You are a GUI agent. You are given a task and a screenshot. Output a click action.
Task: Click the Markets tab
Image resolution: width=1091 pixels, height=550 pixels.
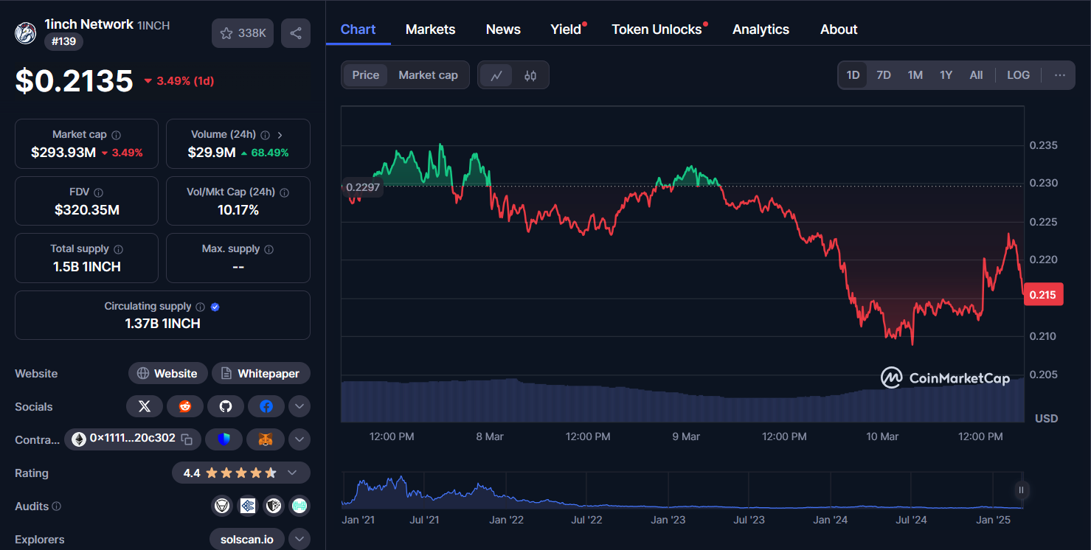tap(430, 29)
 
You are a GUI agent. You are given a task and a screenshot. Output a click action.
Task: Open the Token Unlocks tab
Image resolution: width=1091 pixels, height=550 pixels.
tap(657, 29)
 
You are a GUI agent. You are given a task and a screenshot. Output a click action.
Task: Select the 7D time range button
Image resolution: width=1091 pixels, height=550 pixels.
tap(883, 75)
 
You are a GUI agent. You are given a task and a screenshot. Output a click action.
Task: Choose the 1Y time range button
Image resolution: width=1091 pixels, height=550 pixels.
tap(946, 75)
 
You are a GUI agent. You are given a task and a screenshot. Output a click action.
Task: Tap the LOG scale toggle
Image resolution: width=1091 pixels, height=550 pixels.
tap(1018, 75)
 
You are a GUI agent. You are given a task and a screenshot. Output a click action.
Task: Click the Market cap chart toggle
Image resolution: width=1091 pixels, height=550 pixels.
tap(428, 75)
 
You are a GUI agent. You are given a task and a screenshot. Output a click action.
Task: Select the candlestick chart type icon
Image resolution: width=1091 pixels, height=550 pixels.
tap(530, 75)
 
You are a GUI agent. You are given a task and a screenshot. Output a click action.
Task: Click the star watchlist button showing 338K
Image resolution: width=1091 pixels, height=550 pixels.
tap(243, 33)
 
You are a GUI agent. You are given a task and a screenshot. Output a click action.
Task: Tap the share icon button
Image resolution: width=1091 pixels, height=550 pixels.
tap(296, 33)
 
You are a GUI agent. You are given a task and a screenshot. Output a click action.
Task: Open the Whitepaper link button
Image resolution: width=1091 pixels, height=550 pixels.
tap(261, 374)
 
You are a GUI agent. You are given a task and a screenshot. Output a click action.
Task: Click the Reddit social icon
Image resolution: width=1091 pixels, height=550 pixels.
tap(185, 406)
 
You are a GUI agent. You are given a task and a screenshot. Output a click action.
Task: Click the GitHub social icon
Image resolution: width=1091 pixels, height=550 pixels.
tap(226, 406)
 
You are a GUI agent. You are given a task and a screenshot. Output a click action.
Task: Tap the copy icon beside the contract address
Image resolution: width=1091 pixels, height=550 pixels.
tap(187, 439)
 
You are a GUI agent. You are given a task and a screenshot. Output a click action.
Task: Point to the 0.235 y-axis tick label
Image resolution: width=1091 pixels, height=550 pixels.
tap(1043, 145)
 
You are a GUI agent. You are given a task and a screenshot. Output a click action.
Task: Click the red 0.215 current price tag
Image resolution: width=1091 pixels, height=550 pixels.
tap(1042, 295)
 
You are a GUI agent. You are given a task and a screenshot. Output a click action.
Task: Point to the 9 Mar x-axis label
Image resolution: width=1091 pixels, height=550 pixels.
tap(686, 436)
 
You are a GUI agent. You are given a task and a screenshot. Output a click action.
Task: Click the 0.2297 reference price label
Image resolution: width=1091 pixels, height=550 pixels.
tap(363, 187)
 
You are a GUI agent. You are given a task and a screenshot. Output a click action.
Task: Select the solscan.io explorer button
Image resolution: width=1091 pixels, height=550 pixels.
tap(246, 540)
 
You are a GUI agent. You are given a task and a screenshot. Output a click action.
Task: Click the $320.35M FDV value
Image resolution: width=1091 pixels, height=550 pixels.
tap(87, 210)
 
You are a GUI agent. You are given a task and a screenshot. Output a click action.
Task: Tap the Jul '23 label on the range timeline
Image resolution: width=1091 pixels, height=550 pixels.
tap(749, 520)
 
